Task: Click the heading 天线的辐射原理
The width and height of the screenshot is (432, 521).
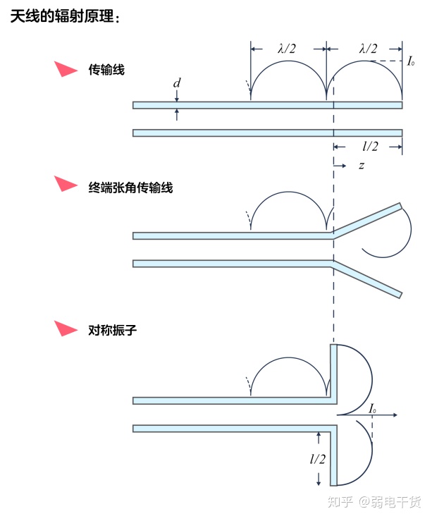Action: pos(65,17)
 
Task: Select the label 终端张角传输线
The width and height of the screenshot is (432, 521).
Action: pos(126,188)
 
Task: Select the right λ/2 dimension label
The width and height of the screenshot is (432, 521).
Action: pos(368,49)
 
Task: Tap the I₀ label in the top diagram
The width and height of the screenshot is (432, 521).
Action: pos(412,62)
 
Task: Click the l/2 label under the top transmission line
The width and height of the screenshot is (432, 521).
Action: pos(369,147)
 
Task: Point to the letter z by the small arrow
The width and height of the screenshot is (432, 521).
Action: pos(362,166)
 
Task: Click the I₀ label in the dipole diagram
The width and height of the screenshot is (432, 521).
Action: pos(372,408)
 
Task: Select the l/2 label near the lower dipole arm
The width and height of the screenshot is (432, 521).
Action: pos(318,459)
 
